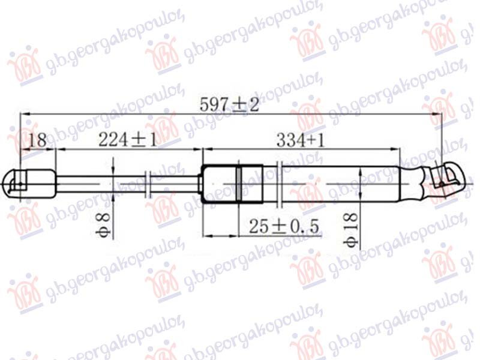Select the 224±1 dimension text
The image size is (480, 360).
click(x=127, y=140)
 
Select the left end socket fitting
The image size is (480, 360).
click(x=30, y=182)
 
